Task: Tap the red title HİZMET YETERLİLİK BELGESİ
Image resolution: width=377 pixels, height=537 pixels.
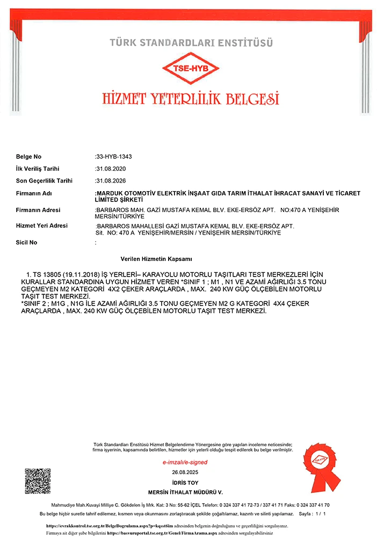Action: [191, 98]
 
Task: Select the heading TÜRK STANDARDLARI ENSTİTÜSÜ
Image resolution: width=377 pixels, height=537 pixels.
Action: [191, 42]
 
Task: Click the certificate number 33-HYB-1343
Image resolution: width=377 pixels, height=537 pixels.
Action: [114, 157]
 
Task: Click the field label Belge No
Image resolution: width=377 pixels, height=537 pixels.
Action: [28, 157]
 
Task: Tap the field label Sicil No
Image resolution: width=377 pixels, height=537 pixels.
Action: [27, 242]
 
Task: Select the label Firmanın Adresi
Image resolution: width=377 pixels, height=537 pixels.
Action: [38, 210]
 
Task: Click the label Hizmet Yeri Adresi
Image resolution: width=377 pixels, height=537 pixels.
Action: [42, 226]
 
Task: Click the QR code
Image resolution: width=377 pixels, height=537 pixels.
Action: [38, 481]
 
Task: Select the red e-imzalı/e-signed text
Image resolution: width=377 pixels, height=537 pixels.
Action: [185, 462]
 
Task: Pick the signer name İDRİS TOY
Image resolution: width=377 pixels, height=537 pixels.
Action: [185, 482]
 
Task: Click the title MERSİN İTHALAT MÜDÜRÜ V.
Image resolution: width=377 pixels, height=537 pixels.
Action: [185, 492]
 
